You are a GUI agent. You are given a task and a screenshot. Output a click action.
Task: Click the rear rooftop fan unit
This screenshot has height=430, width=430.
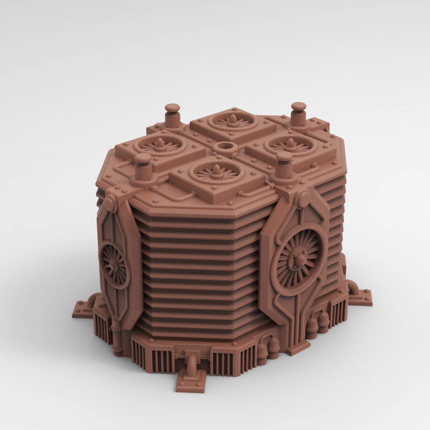230,123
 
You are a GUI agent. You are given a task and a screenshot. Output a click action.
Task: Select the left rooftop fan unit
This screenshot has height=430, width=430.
160,146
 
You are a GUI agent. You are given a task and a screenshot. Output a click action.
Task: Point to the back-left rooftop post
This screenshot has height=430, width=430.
173,114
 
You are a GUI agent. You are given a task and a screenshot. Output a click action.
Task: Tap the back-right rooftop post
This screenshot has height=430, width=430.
298,113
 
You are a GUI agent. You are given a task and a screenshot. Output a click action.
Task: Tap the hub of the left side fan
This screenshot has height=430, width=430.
112,263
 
